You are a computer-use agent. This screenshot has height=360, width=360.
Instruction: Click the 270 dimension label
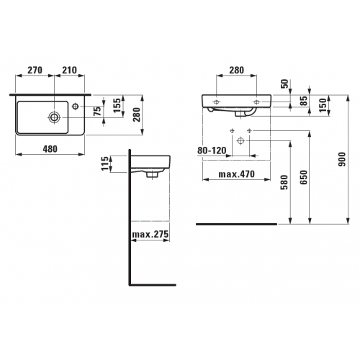coord(35,70)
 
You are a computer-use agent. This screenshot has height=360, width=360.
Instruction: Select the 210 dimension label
coord(70,70)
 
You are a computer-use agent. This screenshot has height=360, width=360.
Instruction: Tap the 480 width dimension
coord(50,149)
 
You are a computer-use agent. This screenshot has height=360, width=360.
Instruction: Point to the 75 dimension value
coord(97,112)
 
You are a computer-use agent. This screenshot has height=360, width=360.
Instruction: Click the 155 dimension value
coord(117,105)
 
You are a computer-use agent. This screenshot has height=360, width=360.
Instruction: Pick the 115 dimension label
coord(105,163)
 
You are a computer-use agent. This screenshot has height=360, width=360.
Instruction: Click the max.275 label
coord(150,234)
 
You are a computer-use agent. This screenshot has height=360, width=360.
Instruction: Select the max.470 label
coord(237,174)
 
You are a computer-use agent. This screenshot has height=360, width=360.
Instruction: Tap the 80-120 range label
coord(212,150)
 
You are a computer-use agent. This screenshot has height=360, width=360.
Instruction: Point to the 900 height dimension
coord(342,159)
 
